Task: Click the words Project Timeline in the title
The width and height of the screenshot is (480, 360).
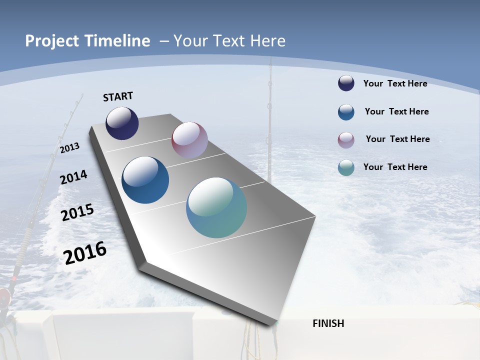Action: (87, 41)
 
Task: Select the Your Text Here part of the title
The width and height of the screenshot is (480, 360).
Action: (229, 41)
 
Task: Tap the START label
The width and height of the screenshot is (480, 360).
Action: (118, 96)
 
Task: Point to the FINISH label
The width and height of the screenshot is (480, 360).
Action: (328, 323)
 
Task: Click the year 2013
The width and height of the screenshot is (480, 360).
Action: (69, 148)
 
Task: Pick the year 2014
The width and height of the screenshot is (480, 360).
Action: (73, 177)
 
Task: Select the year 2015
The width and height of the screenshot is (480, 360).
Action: (77, 212)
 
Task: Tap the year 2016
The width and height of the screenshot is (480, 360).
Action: (85, 252)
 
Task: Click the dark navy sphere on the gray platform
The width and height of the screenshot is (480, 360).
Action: (122, 123)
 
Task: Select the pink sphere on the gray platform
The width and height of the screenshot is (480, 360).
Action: (189, 140)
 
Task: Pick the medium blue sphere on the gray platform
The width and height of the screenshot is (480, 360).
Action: (145, 180)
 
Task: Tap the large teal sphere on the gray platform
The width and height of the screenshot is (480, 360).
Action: (216, 207)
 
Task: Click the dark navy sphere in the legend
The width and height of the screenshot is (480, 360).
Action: (346, 83)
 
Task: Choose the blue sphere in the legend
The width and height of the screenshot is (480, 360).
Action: (346, 112)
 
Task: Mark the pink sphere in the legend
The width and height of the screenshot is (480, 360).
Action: (346, 140)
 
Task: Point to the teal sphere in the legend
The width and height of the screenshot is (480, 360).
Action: (346, 167)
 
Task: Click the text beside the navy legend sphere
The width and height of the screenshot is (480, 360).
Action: (395, 83)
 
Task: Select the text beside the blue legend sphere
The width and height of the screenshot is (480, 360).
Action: (396, 111)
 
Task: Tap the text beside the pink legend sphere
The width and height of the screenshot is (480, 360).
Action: (397, 139)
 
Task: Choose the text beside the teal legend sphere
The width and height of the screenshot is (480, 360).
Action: (395, 167)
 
